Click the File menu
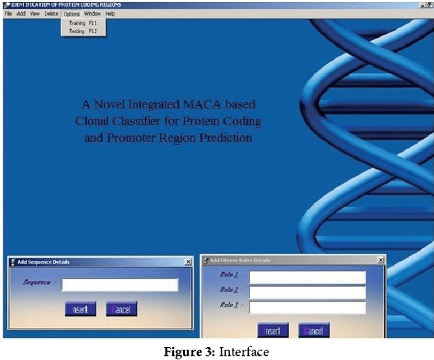pos(8,14)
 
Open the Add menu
pos(21,14)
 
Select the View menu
pos(35,14)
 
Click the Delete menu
pos(52,14)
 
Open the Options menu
pos(72,14)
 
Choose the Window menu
pos(92,14)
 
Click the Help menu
pos(110,14)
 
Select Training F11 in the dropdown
pos(83,23)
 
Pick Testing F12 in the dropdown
pos(83,31)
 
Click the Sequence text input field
pos(119,285)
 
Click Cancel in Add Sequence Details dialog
pos(121,309)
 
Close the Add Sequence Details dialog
pos(188,262)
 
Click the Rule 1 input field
pos(307,277)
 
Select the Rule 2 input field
pos(307,292)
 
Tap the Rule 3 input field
pos(307,306)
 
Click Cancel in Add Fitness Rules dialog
pos(314,331)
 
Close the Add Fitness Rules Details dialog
pos(380,260)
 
